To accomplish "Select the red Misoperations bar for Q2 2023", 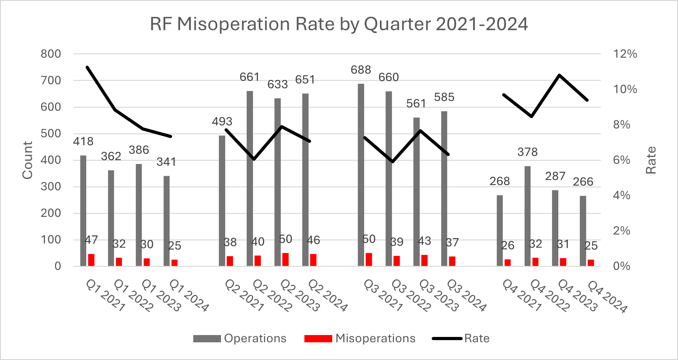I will [285, 260].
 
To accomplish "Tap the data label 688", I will [361, 70].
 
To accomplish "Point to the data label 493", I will [222, 122].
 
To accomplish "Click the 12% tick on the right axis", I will [625, 54].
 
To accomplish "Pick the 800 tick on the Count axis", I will [51, 54].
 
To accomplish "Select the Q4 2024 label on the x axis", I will [607, 297].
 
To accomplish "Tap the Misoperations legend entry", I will [360, 339].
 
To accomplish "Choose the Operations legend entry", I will [240, 339].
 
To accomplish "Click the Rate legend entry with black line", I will [461, 339].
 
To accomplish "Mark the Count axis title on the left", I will [27, 160].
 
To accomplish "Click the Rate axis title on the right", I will [651, 160].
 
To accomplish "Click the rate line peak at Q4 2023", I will [559, 75].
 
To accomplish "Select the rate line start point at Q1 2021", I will [87, 67].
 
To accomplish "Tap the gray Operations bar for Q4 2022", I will [527, 216].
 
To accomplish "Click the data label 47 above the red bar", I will [91, 240].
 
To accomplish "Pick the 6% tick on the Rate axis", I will [621, 160].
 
